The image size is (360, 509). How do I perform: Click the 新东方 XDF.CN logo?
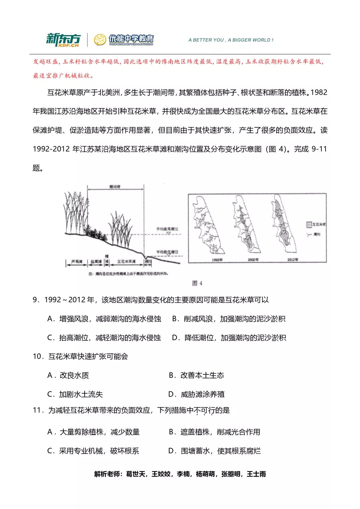coord(63,40)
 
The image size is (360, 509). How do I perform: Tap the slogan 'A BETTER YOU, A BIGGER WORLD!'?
coord(231,40)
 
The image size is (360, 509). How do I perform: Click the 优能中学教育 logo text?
coord(131,39)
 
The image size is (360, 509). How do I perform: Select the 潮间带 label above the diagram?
coord(115,187)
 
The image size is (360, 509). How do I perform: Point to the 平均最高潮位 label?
coord(167,229)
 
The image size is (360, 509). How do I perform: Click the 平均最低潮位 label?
coord(167,252)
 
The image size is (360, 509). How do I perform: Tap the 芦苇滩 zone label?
coord(77,262)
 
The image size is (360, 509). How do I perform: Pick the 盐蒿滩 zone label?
coord(96,262)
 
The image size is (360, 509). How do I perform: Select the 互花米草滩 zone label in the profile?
coord(126,262)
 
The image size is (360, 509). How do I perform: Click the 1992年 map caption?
coord(217,260)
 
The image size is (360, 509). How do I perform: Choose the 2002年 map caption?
coord(253,260)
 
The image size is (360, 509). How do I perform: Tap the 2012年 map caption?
coord(293,260)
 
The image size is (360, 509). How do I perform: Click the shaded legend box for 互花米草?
coord(309,225)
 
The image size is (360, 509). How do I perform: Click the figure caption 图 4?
coord(197,283)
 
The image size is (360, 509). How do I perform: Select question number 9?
coord(36,300)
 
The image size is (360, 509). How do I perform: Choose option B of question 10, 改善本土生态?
coord(197,375)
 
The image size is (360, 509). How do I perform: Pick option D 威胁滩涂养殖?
coord(197,394)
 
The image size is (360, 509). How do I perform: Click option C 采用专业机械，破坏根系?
coord(93,451)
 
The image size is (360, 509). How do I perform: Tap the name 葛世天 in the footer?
coord(136,474)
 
